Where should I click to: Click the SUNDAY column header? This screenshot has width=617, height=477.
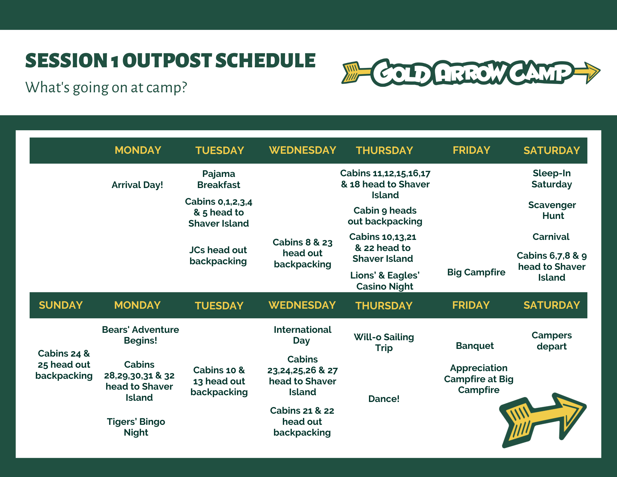pos(61,305)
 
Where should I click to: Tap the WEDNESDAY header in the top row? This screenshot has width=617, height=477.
pos(302,150)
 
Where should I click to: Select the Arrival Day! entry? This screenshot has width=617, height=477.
pos(137,185)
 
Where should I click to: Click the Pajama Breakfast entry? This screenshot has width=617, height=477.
pos(219,179)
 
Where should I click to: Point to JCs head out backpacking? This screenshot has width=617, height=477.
pos(218,256)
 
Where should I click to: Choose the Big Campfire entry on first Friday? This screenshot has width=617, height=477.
pos(476,272)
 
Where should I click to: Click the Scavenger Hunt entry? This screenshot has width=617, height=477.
pos(552,210)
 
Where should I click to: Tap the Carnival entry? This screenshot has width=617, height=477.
pos(551,237)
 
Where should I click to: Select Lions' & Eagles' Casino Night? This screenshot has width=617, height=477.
pos(385,281)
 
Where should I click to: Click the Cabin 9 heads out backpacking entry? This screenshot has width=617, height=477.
pos(385,216)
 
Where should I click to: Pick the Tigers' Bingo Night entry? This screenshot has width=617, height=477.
pos(136,427)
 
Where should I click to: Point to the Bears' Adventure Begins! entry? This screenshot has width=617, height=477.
pos(140,335)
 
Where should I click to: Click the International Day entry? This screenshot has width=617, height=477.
pos(302,335)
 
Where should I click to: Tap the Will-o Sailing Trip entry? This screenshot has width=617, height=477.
pos(384,342)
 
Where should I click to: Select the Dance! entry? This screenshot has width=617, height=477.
pos(384,399)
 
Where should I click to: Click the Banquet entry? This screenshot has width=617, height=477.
pos(475,346)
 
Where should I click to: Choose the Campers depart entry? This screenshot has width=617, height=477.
pos(552,341)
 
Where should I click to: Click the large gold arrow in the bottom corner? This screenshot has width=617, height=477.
pos(543,420)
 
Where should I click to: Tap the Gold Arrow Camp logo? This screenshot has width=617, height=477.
pos(471,73)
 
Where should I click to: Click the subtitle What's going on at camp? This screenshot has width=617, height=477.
pos(106,88)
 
